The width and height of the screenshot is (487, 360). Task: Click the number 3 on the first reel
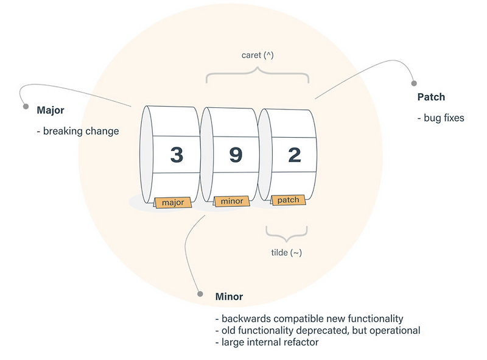click(177, 155)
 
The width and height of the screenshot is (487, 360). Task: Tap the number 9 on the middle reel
click(236, 155)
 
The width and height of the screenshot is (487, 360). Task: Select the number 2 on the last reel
click(294, 155)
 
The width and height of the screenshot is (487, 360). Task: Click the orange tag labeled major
click(173, 202)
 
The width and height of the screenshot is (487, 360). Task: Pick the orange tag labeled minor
click(231, 201)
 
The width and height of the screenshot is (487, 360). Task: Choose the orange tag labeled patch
click(288, 200)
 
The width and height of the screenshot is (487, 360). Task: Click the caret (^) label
click(257, 54)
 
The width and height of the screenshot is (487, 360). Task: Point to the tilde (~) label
click(287, 252)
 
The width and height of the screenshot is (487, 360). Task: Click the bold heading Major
click(51, 110)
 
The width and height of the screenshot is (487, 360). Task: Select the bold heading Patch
click(431, 97)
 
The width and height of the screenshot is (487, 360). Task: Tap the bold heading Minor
click(229, 297)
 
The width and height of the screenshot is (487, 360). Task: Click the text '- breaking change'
click(77, 131)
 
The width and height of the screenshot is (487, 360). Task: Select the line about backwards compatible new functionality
click(309, 319)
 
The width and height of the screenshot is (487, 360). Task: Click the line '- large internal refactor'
click(267, 342)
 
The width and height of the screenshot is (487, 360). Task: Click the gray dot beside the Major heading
click(26, 107)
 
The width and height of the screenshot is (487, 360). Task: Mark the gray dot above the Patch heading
click(415, 83)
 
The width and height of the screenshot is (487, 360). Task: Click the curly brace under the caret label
click(258, 76)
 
